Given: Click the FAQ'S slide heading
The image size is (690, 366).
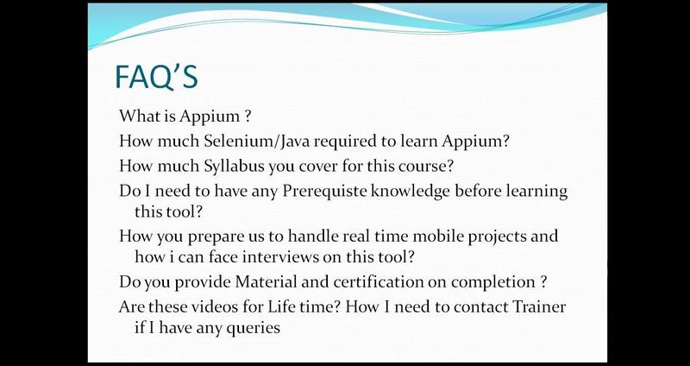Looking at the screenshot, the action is point(156,77).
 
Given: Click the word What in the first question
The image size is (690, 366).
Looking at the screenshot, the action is point(139,116).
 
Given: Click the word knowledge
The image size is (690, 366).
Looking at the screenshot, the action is point(411,192).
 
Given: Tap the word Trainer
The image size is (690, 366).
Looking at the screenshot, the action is point(540,306).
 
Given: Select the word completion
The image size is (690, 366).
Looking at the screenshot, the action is point(491,282).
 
